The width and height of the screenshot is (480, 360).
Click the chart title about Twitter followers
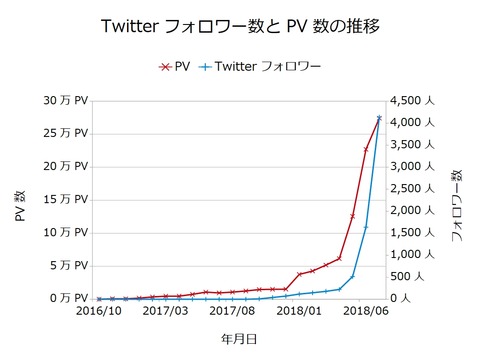(x=240, y=23)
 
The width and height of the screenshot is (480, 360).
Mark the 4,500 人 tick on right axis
(x=412, y=101)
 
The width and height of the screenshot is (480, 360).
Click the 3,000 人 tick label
(x=412, y=167)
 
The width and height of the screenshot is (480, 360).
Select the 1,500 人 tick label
(x=412, y=233)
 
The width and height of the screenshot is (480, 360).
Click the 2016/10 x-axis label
(x=98, y=312)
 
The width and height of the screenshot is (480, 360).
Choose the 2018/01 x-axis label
(x=299, y=312)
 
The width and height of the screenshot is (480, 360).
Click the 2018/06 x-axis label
(x=366, y=312)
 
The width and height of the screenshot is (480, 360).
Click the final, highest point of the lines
(x=379, y=118)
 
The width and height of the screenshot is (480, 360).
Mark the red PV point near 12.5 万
(x=352, y=216)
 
